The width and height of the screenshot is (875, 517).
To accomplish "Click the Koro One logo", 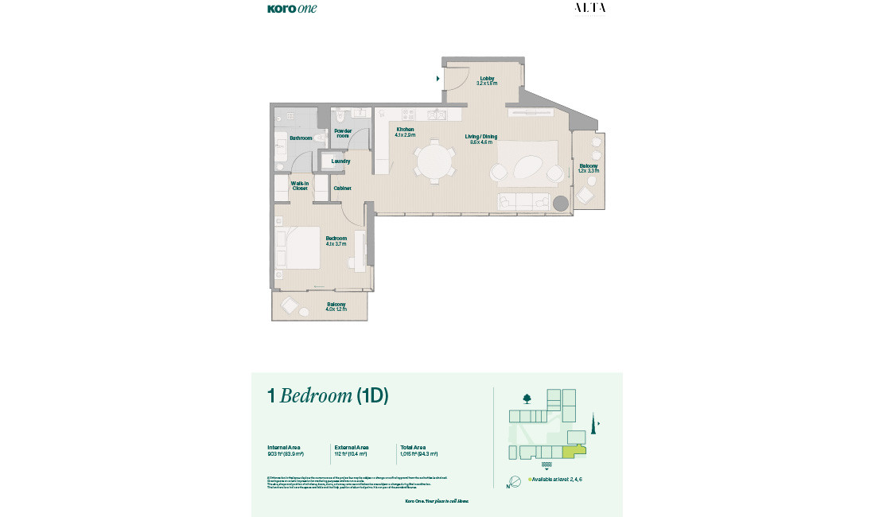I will (x=292, y=9).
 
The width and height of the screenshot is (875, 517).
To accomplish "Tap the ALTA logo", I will (x=589, y=8).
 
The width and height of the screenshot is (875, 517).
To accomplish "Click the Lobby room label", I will (x=487, y=80).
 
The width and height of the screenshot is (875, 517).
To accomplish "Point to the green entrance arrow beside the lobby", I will (x=438, y=79).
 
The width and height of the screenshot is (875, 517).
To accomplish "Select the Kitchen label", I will (x=406, y=132).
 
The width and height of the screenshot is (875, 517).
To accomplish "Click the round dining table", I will (x=434, y=161).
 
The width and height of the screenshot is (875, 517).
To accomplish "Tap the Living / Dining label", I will (x=481, y=139).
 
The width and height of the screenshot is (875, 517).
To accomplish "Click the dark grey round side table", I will (x=562, y=204).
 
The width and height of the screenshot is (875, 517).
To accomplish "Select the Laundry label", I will (x=340, y=161).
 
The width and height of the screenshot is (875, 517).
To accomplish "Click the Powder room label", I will (x=343, y=133).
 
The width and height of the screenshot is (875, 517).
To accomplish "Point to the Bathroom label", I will (x=301, y=138).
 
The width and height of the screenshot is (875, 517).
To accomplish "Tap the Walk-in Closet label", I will (x=299, y=186).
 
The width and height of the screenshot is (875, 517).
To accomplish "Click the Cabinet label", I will (x=343, y=189).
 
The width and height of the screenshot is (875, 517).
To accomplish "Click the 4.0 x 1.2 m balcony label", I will (x=336, y=306).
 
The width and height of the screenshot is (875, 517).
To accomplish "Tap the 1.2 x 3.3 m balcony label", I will (x=589, y=168).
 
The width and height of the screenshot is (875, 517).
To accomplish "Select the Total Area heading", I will (x=412, y=447).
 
